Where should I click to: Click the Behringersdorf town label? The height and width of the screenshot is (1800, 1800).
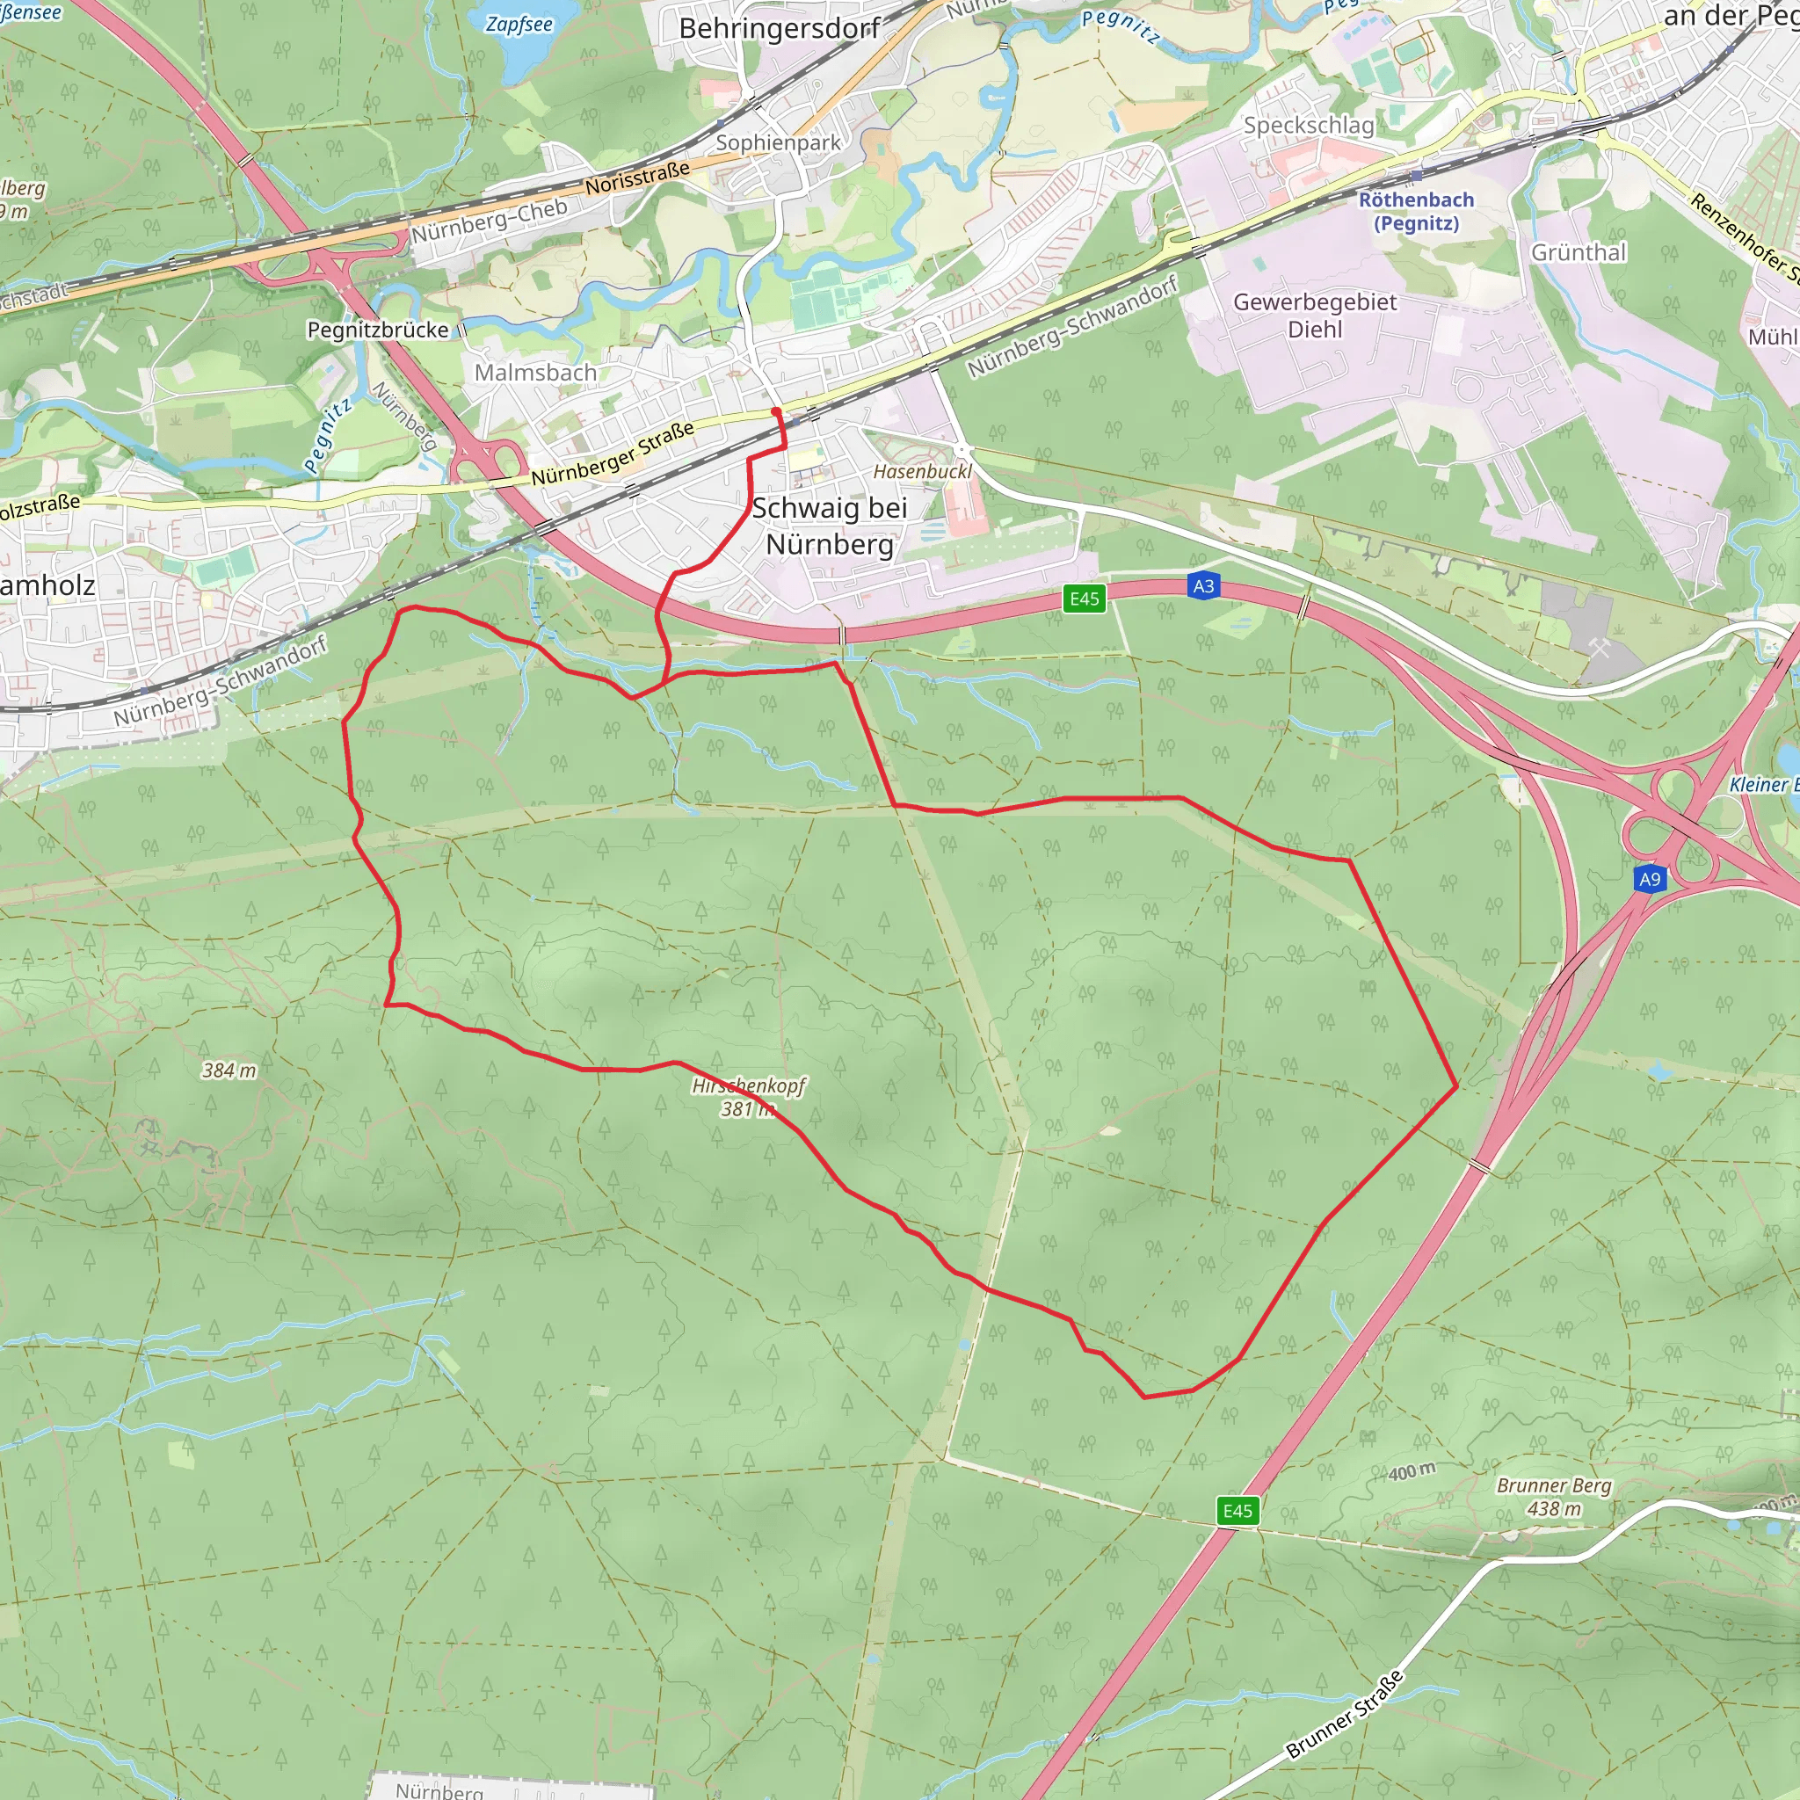[779, 29]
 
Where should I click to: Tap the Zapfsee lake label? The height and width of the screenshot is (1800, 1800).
[519, 25]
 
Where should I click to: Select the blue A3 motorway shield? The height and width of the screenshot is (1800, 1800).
[1203, 586]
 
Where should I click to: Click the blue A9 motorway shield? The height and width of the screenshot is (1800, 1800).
[1649, 879]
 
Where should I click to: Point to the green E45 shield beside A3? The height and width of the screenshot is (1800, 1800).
[1085, 599]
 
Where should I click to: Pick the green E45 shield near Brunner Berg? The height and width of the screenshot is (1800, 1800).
[1237, 1510]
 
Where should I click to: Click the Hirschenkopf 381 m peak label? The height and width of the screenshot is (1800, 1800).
[747, 1097]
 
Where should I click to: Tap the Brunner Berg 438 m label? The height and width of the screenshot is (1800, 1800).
[1553, 1496]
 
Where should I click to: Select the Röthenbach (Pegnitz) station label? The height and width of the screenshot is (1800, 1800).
[1415, 212]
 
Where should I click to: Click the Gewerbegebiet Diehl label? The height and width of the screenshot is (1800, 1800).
[1315, 315]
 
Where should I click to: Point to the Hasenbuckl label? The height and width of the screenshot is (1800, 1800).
[921, 471]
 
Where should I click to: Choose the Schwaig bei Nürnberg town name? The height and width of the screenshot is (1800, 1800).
[829, 526]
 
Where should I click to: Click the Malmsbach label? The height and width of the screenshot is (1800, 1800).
[536, 373]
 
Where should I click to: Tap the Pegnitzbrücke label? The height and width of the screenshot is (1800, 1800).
[378, 330]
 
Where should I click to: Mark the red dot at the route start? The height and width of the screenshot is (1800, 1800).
[776, 410]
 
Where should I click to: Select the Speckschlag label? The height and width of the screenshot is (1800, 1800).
[1308, 125]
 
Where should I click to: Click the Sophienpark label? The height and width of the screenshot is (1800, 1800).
[778, 142]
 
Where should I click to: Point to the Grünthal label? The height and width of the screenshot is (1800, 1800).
[1579, 252]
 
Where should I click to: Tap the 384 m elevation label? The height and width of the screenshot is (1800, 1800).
[229, 1071]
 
